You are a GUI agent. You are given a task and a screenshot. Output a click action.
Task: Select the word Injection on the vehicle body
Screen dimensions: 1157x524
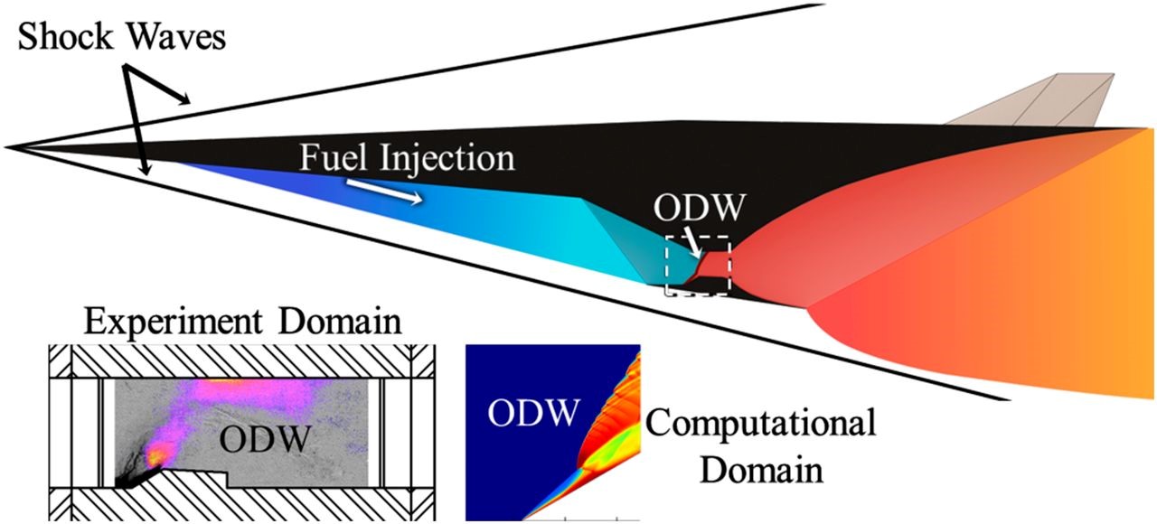click(x=447, y=158)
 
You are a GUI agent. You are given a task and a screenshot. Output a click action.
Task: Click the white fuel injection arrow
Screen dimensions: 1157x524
click(x=384, y=192)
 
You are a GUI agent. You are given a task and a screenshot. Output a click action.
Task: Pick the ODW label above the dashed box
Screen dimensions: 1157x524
click(x=700, y=207)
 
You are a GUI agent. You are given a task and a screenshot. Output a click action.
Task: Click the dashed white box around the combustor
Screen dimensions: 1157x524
click(x=667, y=266)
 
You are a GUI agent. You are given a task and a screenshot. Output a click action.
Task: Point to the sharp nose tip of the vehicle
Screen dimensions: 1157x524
click(x=5, y=147)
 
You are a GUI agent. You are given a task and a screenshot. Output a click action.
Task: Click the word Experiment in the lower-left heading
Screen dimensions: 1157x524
click(x=174, y=323)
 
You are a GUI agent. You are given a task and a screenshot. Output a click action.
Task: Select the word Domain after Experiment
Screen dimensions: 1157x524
click(x=340, y=321)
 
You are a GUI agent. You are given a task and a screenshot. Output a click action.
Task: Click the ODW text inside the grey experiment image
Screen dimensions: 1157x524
click(x=265, y=439)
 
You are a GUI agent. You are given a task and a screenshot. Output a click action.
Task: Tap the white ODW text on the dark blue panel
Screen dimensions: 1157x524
click(x=533, y=413)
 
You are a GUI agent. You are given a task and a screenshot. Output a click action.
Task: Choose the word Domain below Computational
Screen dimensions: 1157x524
click(x=762, y=470)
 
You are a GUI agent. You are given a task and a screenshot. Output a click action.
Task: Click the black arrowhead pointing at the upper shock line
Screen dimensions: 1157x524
click(x=183, y=99)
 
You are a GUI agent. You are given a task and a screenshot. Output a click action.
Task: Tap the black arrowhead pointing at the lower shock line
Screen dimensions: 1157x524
click(x=146, y=168)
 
